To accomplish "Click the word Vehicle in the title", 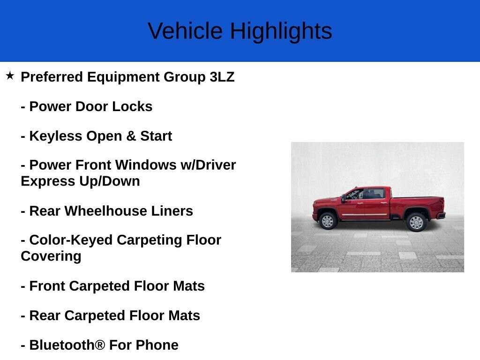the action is (x=185, y=31).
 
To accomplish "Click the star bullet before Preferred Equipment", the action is (x=10, y=75).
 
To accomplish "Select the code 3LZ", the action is (x=222, y=77).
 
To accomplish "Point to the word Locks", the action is (x=132, y=106).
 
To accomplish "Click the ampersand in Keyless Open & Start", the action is (x=131, y=136).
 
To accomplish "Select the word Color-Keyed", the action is (x=71, y=240).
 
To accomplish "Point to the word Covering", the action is (x=51, y=256).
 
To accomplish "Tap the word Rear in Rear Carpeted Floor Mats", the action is (x=45, y=315).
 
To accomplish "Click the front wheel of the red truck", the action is (x=328, y=221).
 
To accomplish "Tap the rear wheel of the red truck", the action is (x=416, y=222).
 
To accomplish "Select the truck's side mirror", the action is (x=344, y=198).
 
